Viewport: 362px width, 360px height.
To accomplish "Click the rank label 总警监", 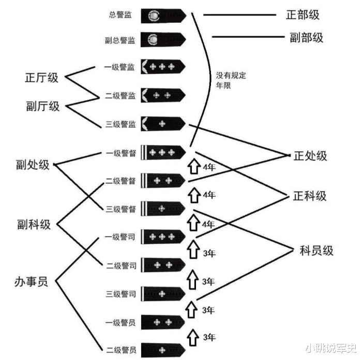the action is click(120, 15).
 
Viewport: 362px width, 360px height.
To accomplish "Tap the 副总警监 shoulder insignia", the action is click(163, 40).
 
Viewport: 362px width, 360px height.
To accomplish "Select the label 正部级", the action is click(303, 15).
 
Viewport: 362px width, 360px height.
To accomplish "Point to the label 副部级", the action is click(306, 38).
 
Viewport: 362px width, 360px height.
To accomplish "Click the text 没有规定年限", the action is click(231, 80).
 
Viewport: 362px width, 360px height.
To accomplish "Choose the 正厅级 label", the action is click(41, 77).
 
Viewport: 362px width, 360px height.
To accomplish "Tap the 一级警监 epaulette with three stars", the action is click(163, 67).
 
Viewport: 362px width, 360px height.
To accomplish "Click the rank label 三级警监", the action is click(120, 124).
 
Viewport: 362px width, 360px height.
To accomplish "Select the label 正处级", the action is click(310, 156).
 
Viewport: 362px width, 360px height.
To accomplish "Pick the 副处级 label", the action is click(33, 165).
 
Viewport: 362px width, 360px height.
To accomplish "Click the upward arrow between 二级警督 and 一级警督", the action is click(194, 166).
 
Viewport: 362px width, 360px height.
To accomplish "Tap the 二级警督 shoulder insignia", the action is click(163, 180).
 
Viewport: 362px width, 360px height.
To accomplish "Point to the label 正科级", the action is click(310, 196).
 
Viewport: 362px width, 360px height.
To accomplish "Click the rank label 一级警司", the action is click(120, 237).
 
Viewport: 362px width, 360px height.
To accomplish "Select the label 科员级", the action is click(316, 251).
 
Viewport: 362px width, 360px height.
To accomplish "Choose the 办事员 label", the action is click(31, 281).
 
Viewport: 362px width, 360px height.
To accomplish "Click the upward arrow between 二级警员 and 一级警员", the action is click(193, 338).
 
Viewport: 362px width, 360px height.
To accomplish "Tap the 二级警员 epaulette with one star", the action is click(163, 350).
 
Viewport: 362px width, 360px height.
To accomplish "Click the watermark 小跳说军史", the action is click(331, 348).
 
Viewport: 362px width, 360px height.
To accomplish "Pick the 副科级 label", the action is click(34, 224).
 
